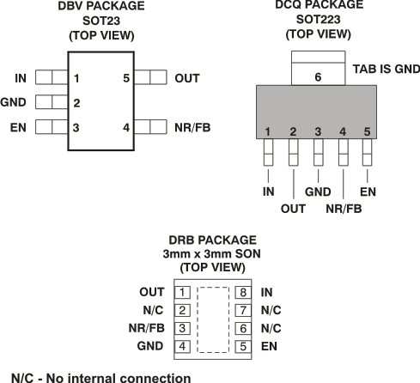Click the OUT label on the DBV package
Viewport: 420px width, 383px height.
(186, 78)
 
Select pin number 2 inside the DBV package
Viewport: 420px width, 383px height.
(77, 103)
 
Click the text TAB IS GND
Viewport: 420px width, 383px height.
(383, 66)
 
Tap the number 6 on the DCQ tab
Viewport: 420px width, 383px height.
(318, 76)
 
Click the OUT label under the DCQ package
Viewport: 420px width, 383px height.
(293, 207)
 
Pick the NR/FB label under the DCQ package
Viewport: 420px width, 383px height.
(344, 207)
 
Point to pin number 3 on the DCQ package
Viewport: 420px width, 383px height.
(318, 131)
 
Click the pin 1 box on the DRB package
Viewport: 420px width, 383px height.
(183, 293)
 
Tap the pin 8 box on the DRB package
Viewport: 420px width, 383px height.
(243, 293)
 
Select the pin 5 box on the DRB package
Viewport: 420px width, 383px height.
(243, 346)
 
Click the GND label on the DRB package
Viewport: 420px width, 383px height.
(150, 346)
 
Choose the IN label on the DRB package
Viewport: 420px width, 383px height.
(266, 293)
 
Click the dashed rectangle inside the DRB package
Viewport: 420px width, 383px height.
(213, 319)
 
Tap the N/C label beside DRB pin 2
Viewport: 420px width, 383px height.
(153, 311)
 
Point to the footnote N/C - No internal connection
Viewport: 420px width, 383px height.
(100, 376)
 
